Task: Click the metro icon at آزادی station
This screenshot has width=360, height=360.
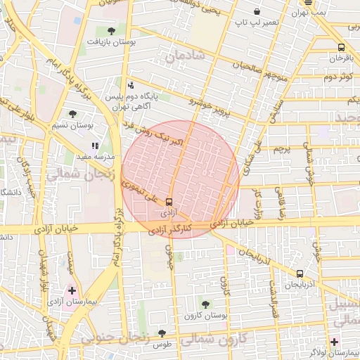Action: click(168, 201)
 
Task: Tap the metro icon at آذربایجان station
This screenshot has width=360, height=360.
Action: click(300, 274)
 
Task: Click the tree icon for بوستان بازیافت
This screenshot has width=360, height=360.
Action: click(112, 30)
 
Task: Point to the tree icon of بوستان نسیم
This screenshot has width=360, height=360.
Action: click(72, 114)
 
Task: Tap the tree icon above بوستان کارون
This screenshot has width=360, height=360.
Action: click(205, 304)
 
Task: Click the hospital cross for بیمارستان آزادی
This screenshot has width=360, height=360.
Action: click(71, 289)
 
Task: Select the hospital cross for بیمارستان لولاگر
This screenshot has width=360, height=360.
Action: click(335, 342)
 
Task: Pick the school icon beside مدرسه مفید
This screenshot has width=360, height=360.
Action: click(95, 146)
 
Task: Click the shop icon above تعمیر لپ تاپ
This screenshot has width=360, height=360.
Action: click(257, 12)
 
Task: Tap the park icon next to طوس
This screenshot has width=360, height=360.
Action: click(162, 334)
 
